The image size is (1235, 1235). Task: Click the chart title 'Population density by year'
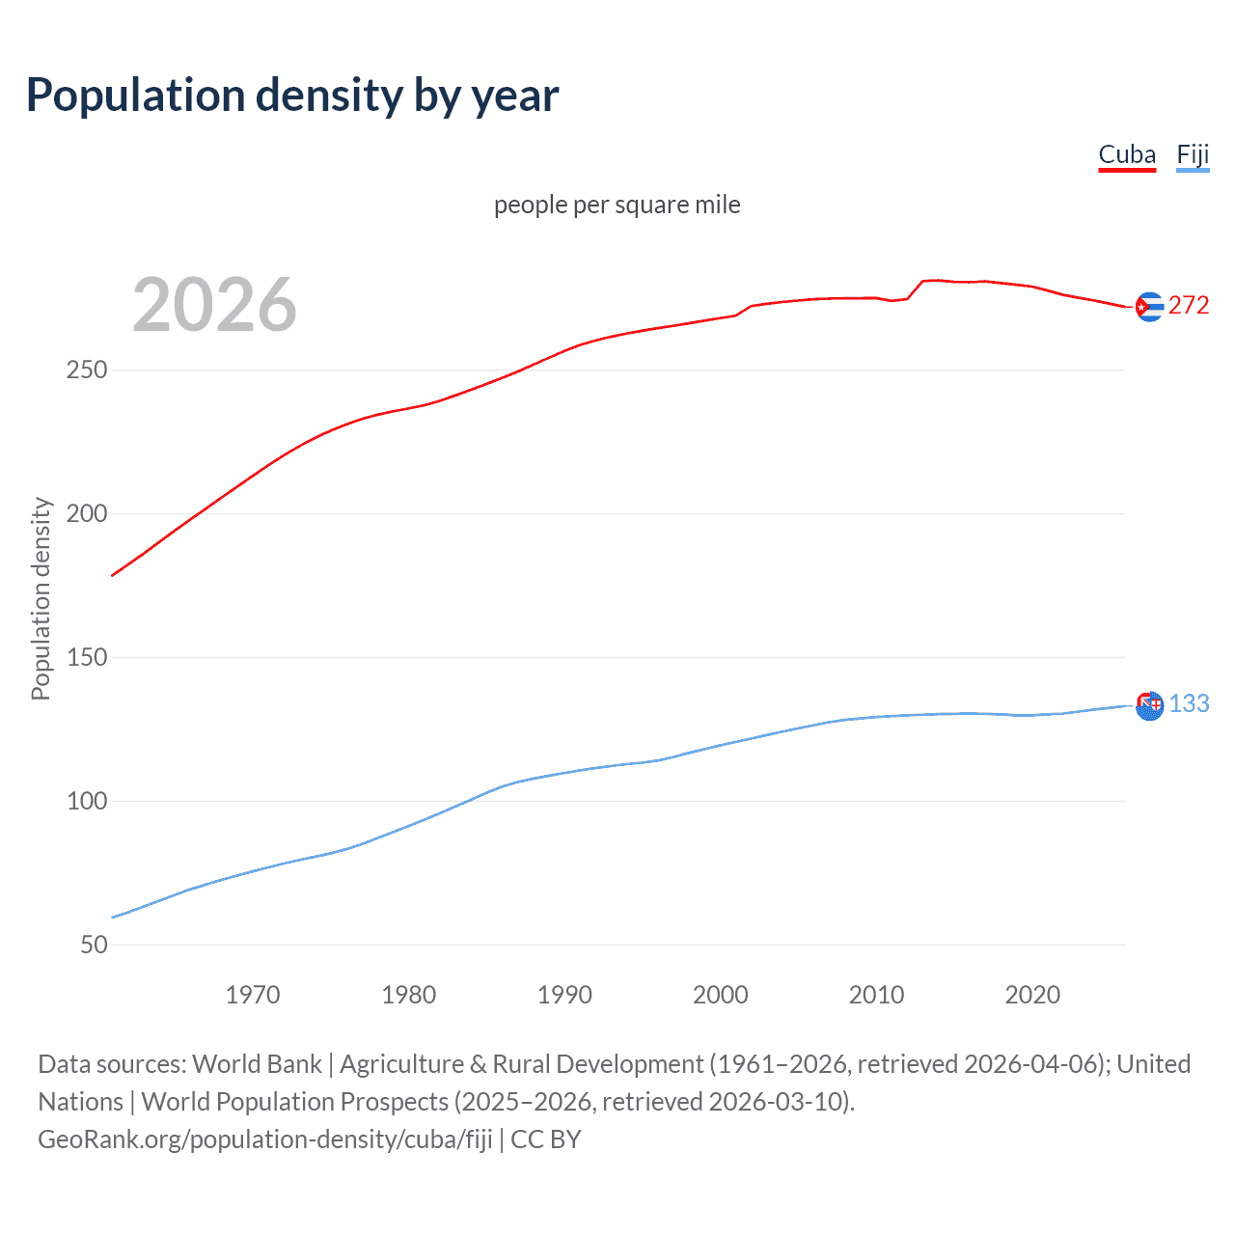coord(292,96)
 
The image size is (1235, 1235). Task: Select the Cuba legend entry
coord(1126,155)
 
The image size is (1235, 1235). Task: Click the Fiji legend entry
coord(1193,155)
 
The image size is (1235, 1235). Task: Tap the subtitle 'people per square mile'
coord(617,205)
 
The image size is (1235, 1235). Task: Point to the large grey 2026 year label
coord(214,305)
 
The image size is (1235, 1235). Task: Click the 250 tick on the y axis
coord(87,370)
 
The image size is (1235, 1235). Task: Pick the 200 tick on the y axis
coord(87,513)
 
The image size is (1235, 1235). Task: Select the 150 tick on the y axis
coord(87,657)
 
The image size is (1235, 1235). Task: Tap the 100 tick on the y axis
coord(87,801)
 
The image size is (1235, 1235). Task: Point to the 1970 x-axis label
coord(253,995)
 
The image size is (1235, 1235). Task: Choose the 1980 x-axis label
coord(408,995)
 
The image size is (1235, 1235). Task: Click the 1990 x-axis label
coord(564,995)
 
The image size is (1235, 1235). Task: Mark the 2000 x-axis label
coord(721,995)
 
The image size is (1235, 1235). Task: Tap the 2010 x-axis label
coord(876,995)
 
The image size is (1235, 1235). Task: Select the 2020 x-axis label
coord(1032,995)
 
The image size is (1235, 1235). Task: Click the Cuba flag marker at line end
coord(1149,307)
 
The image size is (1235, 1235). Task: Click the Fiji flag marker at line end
coord(1149,705)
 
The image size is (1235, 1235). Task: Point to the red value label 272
coord(1189,306)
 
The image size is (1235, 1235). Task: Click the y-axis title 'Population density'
coord(41,598)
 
